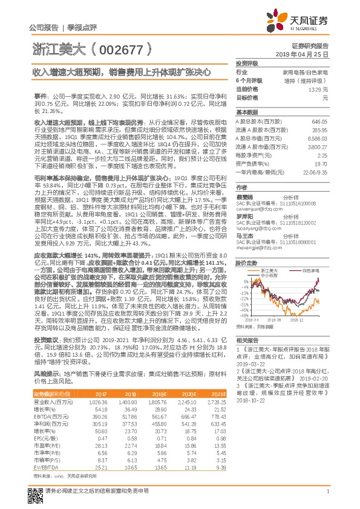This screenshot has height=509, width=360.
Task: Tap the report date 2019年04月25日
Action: (310, 55)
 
